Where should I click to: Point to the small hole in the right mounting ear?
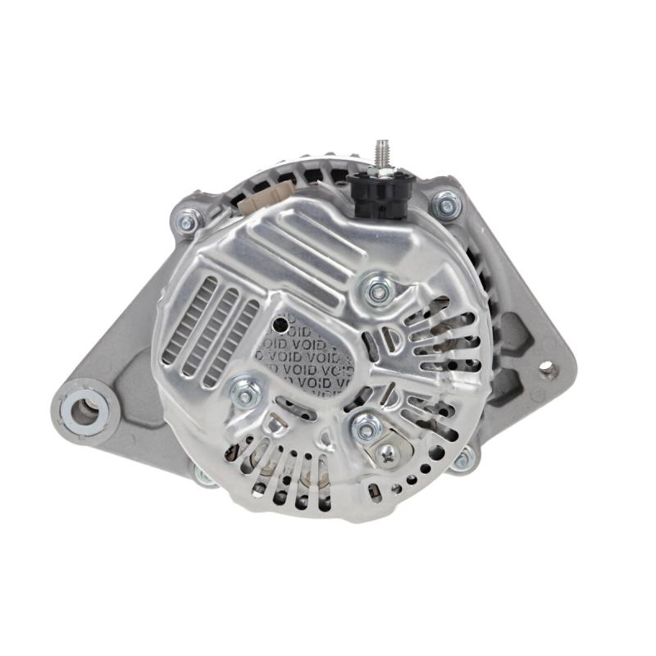(x=548, y=370)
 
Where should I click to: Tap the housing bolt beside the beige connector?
(x=188, y=220)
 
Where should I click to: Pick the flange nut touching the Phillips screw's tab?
(x=367, y=426)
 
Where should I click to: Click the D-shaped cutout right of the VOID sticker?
(x=393, y=339)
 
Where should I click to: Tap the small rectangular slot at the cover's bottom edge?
(x=376, y=492)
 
